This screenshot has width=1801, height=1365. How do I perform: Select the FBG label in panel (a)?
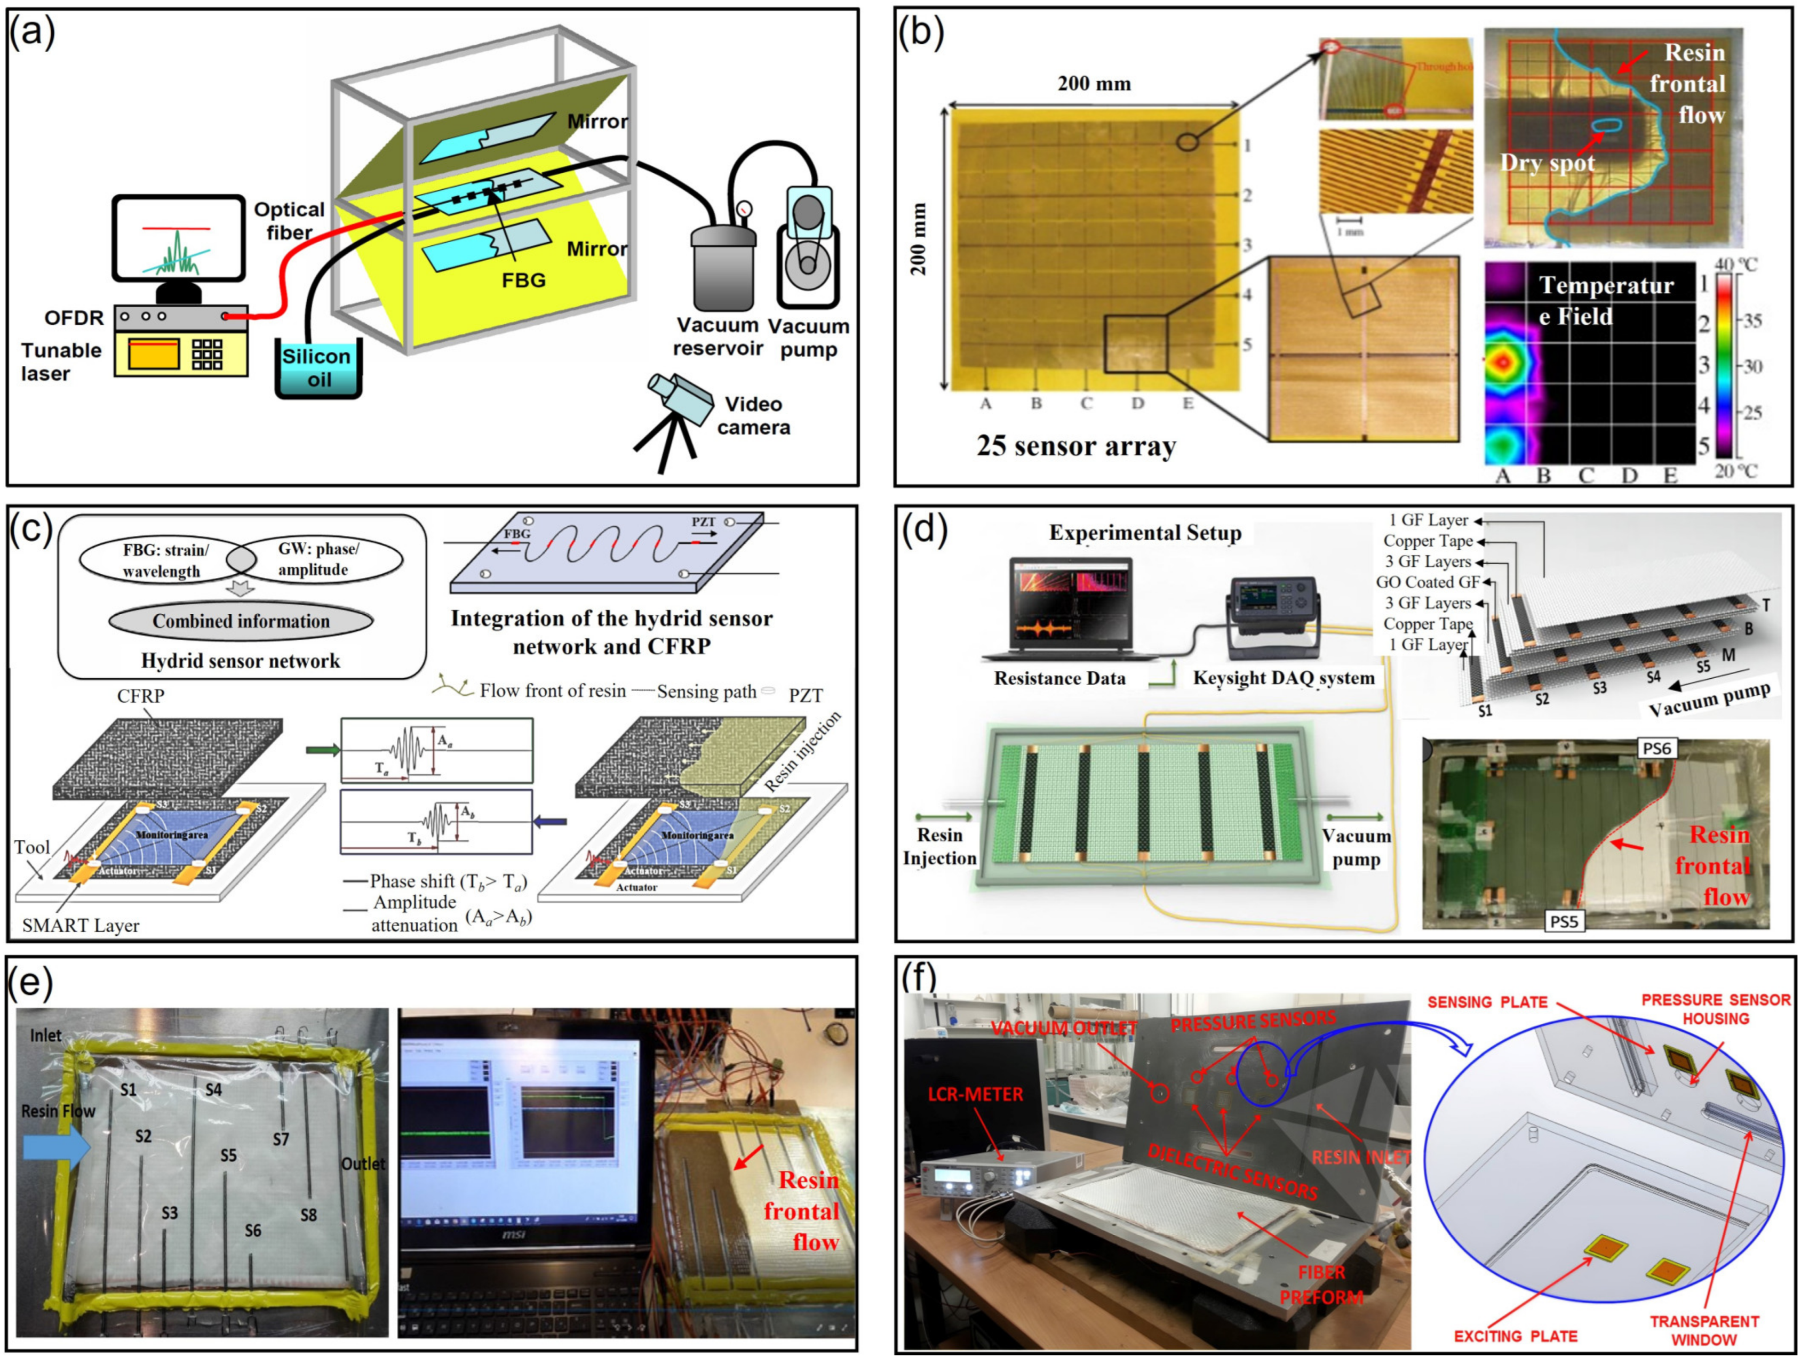click(x=523, y=280)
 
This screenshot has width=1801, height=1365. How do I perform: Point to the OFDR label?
click(x=74, y=317)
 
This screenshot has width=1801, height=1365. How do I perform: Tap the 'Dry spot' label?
click(x=1547, y=163)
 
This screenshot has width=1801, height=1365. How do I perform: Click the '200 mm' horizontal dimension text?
click(x=1094, y=83)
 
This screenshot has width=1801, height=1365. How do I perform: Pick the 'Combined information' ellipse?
click(x=241, y=621)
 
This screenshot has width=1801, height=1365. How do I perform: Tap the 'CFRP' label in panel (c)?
click(x=141, y=696)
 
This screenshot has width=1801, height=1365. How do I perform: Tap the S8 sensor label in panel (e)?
click(x=308, y=1215)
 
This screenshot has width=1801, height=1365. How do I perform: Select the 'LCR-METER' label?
click(x=975, y=1094)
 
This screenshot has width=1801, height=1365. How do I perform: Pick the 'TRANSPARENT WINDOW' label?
click(x=1703, y=1330)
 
